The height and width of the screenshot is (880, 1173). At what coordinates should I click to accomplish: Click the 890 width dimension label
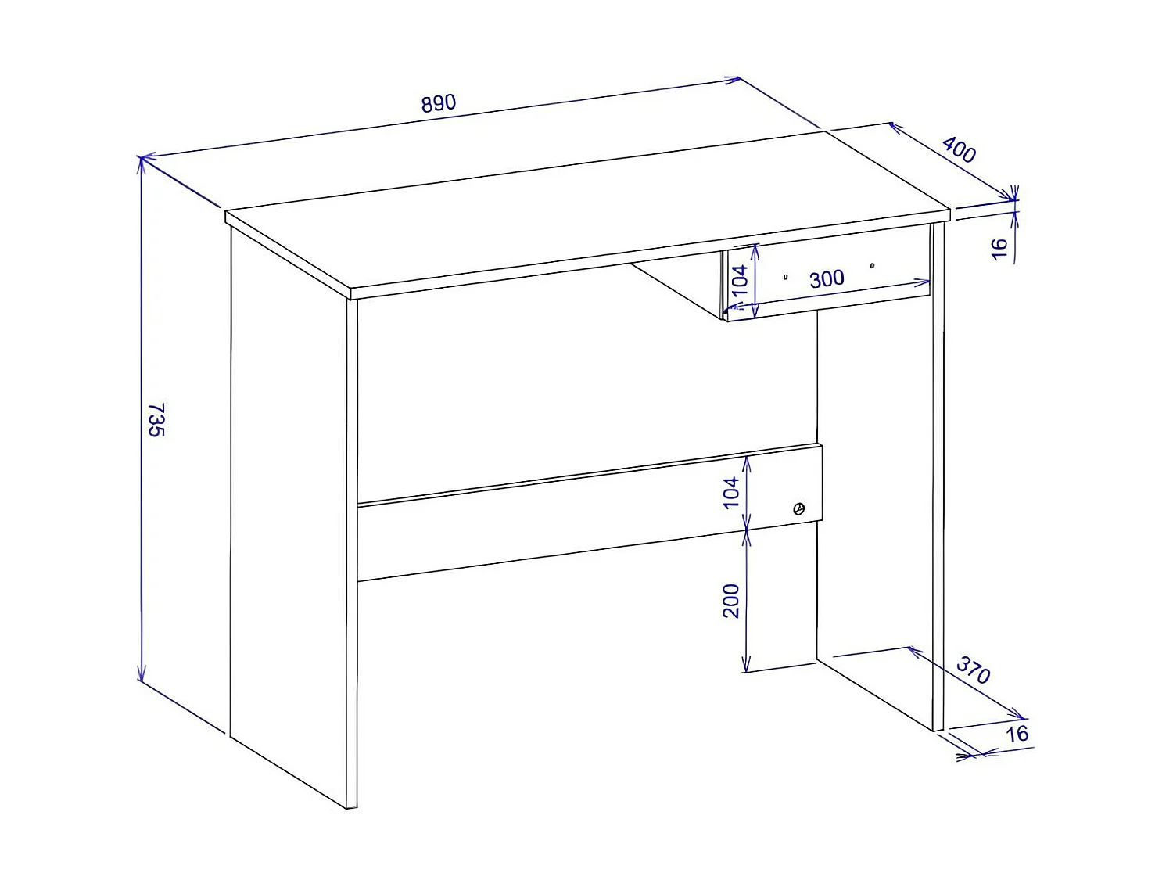(x=438, y=103)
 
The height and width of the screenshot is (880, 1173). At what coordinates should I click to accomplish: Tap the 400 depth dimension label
(x=959, y=149)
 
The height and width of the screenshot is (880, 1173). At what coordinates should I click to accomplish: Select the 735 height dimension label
(x=156, y=420)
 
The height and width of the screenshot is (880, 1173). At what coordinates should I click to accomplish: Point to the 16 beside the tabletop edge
(x=999, y=249)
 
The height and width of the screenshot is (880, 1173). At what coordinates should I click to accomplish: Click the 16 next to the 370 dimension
(x=1017, y=734)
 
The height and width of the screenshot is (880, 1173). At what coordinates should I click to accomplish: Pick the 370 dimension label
(x=974, y=670)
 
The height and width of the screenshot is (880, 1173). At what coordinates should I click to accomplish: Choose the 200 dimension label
(x=731, y=601)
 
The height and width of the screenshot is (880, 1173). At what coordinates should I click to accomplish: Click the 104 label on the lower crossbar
(x=731, y=492)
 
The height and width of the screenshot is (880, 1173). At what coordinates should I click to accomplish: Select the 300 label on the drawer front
(x=827, y=279)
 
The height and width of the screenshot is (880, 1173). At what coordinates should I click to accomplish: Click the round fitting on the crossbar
(x=798, y=509)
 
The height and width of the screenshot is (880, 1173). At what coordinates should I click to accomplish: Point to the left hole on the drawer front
(x=785, y=277)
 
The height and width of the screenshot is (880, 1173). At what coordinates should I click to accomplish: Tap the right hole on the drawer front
(x=872, y=265)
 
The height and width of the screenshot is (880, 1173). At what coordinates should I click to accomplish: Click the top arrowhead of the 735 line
(x=142, y=161)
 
